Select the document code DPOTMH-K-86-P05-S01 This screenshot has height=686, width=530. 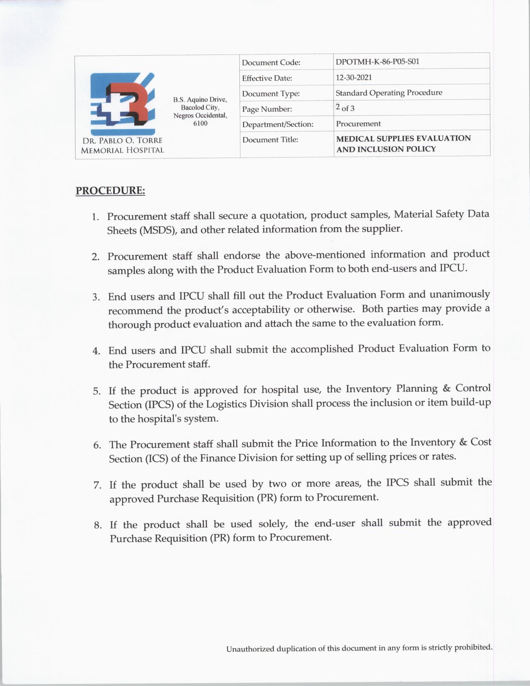(x=377, y=62)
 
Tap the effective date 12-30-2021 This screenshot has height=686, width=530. (x=354, y=77)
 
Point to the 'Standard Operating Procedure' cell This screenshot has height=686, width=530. (x=389, y=93)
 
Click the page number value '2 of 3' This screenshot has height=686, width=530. (x=345, y=108)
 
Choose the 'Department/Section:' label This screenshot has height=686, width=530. (x=278, y=124)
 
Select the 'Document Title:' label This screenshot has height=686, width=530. (x=270, y=140)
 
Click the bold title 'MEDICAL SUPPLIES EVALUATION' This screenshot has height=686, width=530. (x=403, y=138)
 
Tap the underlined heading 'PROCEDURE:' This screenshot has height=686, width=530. (x=110, y=191)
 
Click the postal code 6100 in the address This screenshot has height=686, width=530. (x=200, y=123)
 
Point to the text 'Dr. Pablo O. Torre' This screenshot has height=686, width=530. (x=122, y=141)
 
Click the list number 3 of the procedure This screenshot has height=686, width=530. (x=96, y=297)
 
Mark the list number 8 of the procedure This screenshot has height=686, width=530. (x=98, y=525)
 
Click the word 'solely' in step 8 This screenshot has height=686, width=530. (x=273, y=523)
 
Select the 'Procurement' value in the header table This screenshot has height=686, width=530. (x=358, y=123)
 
